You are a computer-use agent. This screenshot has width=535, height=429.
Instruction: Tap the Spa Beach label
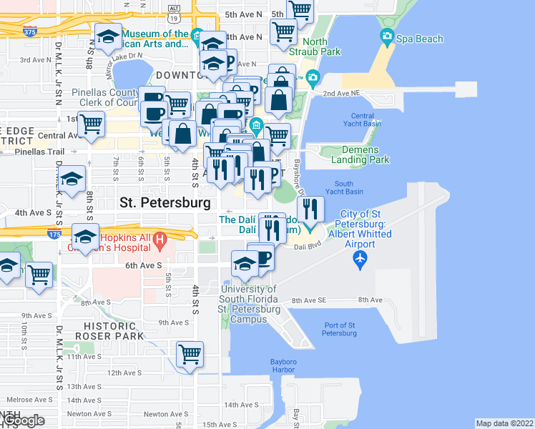pos(420,39)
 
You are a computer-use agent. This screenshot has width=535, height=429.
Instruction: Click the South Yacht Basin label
pos(343,187)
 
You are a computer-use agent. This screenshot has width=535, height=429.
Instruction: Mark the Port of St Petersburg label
pos(339,329)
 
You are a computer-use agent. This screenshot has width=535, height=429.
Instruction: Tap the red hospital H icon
pos(160,238)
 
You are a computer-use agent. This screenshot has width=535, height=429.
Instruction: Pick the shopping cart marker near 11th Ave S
pos(190,353)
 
